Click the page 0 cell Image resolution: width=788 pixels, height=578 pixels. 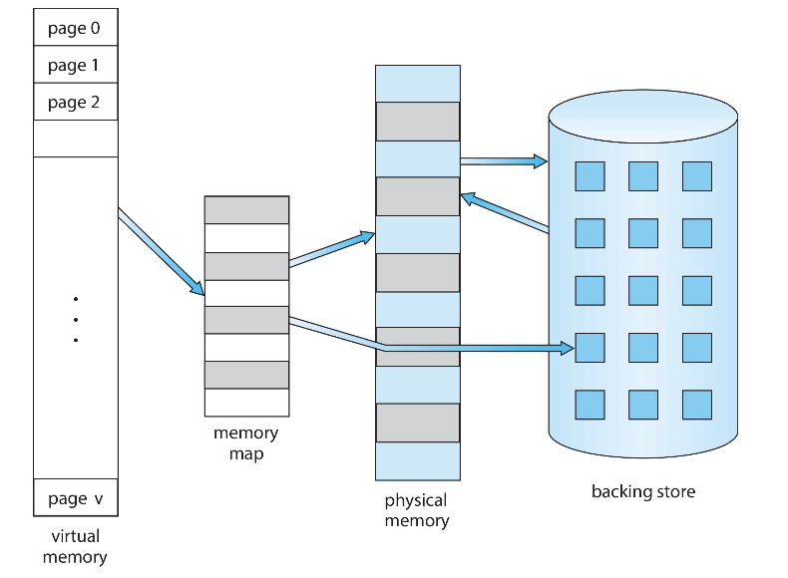[75, 28]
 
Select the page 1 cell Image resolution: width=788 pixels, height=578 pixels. [75, 65]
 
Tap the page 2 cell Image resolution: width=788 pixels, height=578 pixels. [75, 102]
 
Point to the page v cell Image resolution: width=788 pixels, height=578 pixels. [75, 498]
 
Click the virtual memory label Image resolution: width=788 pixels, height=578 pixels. [75, 547]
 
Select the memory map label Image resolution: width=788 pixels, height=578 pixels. [246, 443]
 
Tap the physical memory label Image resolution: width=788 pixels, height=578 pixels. [417, 510]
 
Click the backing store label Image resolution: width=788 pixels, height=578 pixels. [643, 491]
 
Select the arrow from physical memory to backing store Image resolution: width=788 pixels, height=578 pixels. [504, 159]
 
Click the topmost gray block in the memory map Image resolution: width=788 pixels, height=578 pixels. [246, 209]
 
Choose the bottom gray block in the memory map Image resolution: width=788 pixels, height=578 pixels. [246, 375]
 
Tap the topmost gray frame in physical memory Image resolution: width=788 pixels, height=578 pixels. [417, 121]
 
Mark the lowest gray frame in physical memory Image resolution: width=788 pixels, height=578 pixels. [417, 423]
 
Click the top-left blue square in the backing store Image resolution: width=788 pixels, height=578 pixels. [590, 176]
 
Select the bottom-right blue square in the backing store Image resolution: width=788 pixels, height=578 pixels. [697, 404]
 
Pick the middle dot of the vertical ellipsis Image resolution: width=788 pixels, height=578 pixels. [75, 319]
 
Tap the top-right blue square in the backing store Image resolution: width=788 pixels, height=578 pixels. [697, 176]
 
